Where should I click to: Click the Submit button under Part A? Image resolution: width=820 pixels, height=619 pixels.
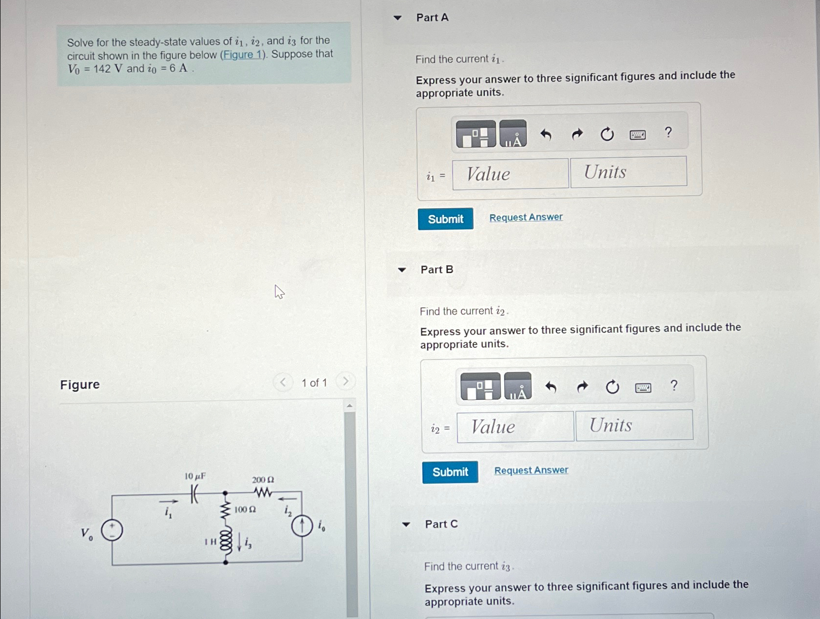coord(445,219)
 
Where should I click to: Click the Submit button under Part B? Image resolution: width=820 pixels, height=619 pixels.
coord(450,472)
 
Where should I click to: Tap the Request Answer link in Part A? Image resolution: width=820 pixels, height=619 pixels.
coord(526,217)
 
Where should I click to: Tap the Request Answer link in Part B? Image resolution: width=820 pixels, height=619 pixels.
coord(531,470)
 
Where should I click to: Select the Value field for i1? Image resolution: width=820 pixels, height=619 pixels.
coord(510,174)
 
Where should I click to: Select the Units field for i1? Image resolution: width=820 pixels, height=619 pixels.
coord(629,171)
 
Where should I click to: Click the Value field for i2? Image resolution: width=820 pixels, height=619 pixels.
coord(515,427)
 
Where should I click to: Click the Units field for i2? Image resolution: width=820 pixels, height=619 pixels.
coord(634,425)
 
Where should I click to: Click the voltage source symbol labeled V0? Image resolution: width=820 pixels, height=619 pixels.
coord(112,530)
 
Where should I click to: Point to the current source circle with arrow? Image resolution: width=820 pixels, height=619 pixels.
coord(302,526)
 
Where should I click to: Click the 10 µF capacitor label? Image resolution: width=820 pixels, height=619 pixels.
coord(195,476)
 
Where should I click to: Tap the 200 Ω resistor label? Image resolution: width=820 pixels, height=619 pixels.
coord(263,480)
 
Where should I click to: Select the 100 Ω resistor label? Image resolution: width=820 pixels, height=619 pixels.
coord(245,509)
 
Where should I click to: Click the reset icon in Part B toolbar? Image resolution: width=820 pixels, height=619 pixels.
coord(612,387)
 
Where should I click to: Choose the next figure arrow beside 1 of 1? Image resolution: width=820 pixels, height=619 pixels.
coord(345,381)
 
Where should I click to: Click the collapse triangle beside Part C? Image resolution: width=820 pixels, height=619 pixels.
coord(406,525)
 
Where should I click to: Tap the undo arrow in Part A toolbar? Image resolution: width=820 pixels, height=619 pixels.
coord(546,134)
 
